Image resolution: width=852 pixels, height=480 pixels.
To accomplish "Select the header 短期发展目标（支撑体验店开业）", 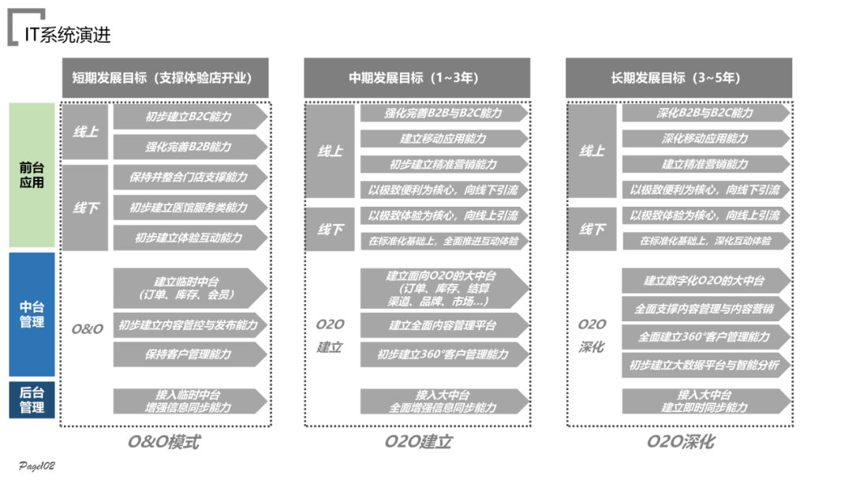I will tap(165, 77).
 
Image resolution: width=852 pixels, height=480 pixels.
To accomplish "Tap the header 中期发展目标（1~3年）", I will tap(417, 77).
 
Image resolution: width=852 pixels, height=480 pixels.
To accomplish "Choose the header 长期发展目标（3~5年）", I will tap(678, 77).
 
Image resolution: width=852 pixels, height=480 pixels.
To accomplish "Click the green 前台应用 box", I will tap(32, 175).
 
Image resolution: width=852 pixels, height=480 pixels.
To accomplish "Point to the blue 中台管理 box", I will tap(32, 314).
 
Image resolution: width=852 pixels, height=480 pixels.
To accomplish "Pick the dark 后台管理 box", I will tap(32, 400).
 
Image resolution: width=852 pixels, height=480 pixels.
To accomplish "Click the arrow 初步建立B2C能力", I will tap(189, 117).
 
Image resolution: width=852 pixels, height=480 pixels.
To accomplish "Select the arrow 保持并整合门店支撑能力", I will tap(189, 177).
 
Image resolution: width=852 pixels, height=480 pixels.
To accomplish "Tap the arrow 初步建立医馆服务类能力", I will tap(189, 208).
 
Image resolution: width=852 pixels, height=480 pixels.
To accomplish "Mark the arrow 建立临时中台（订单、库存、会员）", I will tap(189, 287).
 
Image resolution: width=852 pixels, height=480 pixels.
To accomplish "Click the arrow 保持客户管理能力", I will tap(189, 354).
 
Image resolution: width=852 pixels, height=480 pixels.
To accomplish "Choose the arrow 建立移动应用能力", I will tap(443, 139).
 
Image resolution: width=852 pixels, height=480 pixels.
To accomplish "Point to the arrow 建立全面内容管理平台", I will tap(443, 324).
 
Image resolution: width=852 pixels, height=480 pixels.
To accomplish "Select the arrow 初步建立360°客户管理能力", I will tap(443, 354).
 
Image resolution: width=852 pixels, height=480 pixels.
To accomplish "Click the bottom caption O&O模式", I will tap(164, 441).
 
